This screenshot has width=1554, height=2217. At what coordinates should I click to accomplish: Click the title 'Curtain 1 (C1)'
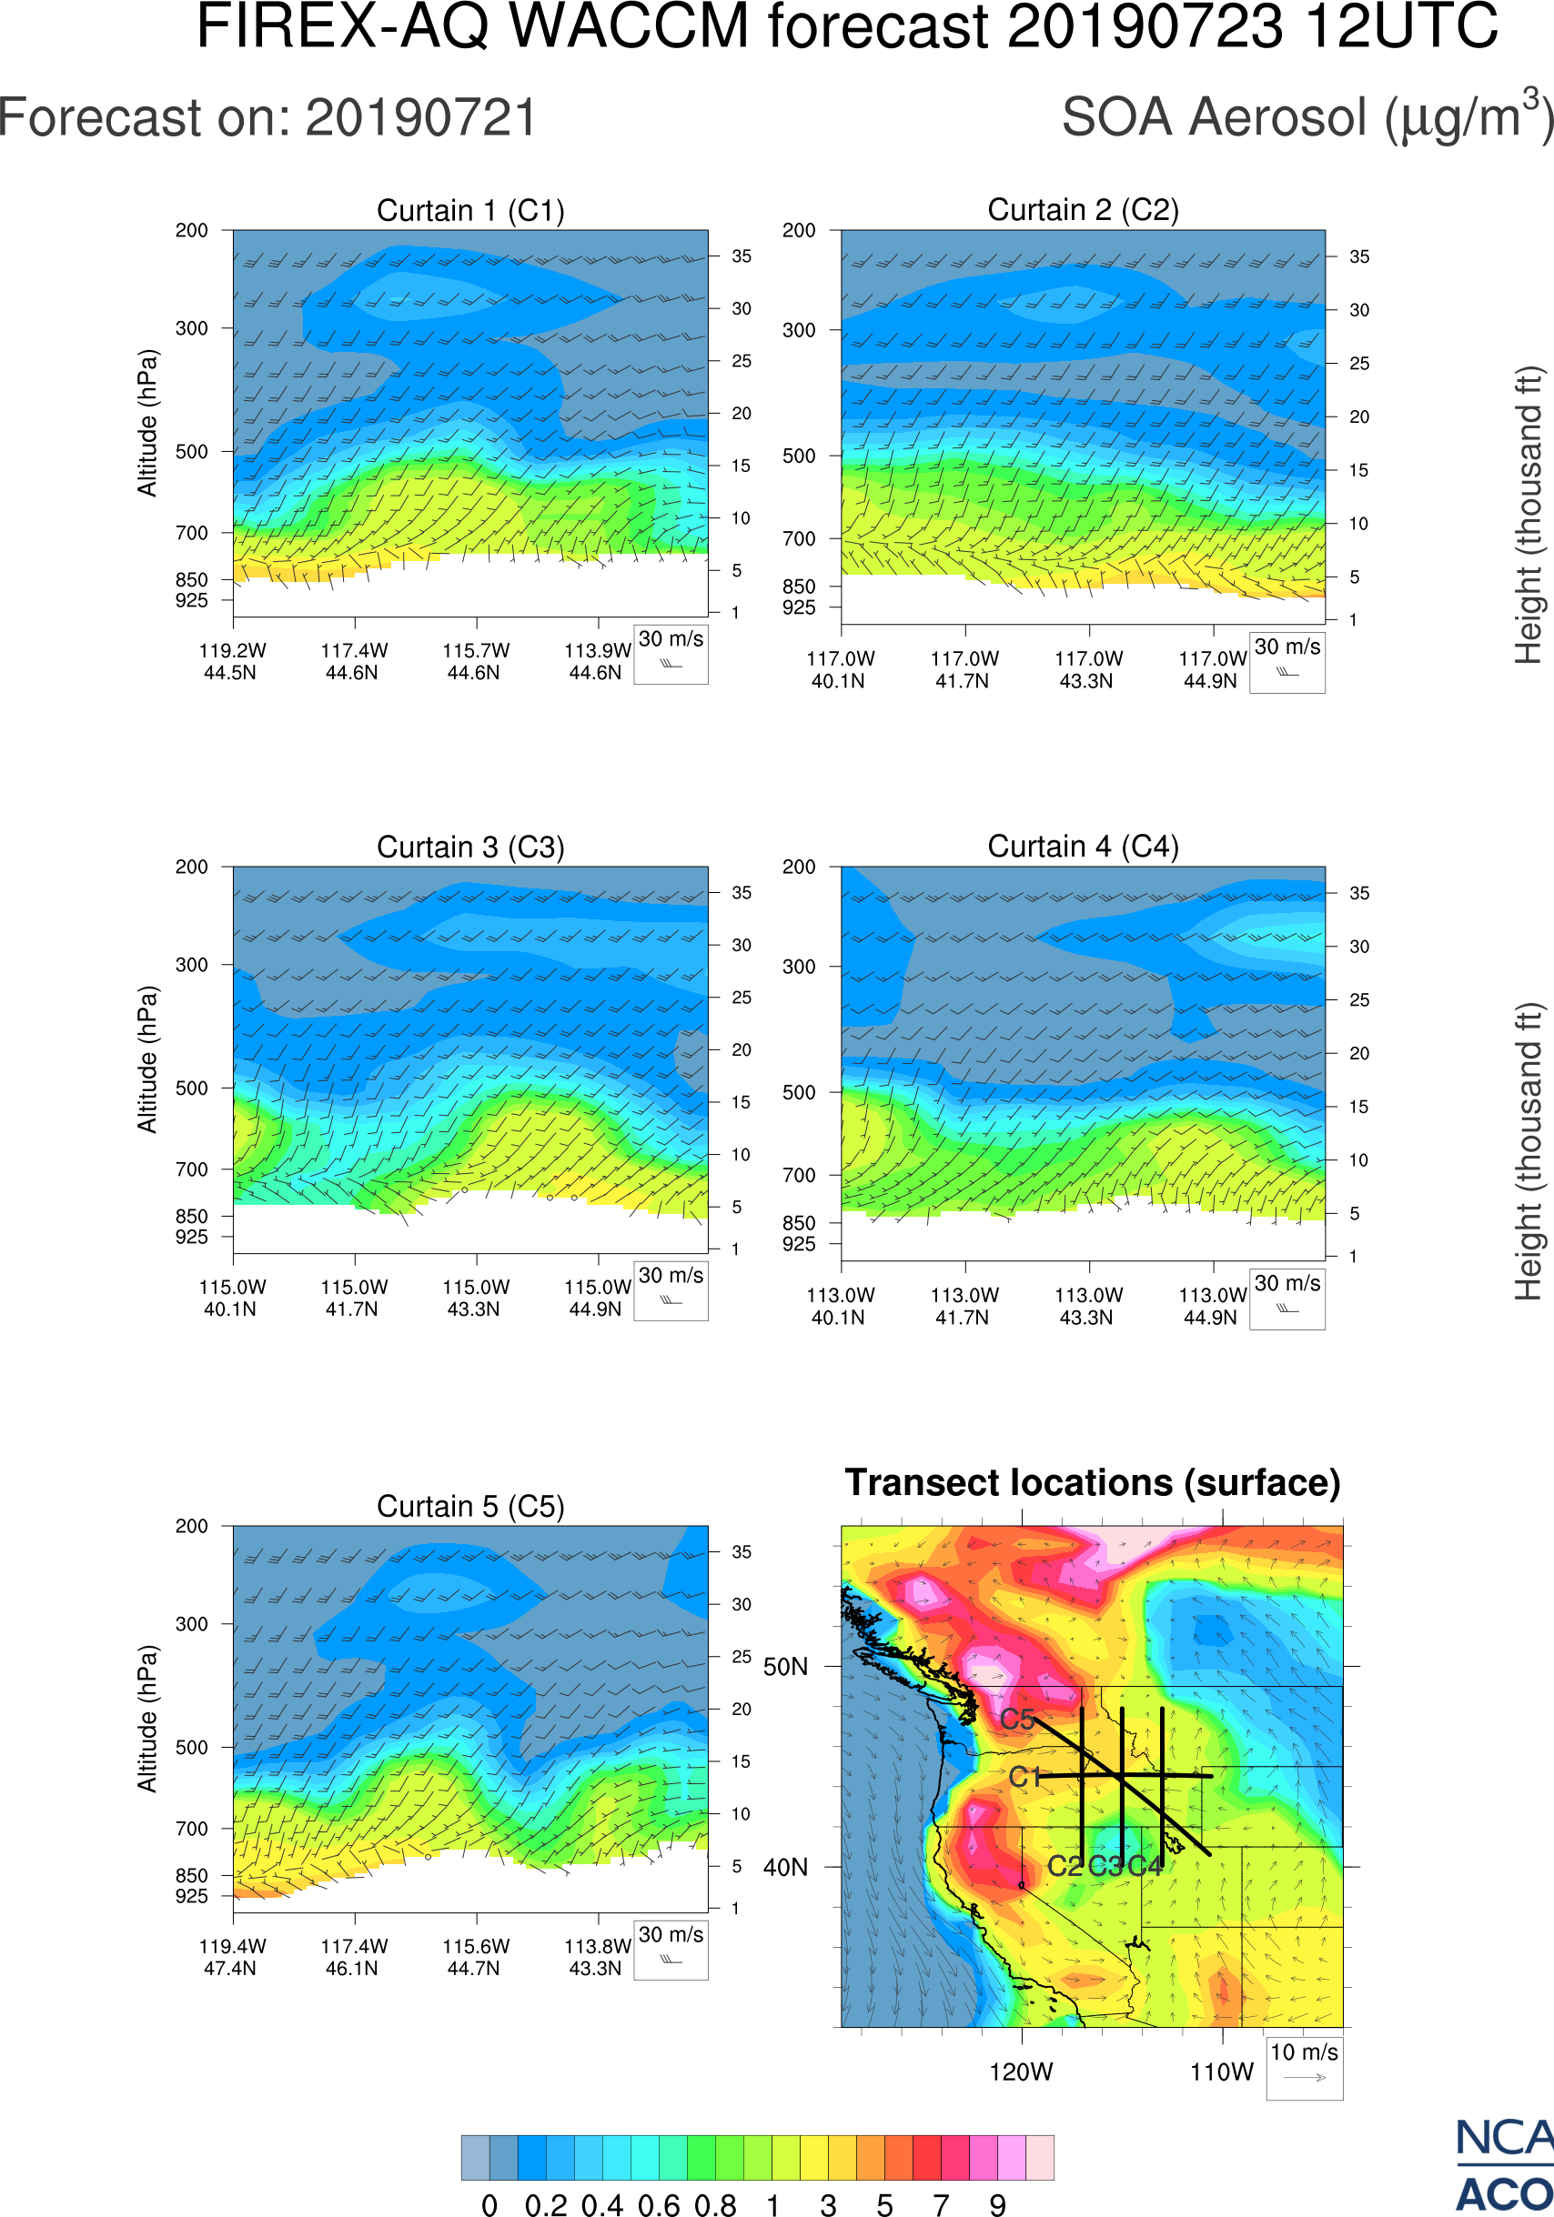470,210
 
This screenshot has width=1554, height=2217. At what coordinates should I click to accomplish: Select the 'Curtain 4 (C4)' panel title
1083,847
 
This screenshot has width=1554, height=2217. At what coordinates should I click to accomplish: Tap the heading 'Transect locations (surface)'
1093,1482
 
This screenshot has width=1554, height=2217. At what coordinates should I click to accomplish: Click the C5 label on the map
1017,1720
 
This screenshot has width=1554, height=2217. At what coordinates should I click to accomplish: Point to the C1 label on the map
1024,1777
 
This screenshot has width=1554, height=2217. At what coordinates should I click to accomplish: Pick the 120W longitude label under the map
1021,2072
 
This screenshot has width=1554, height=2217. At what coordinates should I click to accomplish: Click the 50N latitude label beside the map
785,1668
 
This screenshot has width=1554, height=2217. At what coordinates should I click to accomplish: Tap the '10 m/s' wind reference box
1304,2066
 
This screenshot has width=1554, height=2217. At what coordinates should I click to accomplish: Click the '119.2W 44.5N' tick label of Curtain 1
232,661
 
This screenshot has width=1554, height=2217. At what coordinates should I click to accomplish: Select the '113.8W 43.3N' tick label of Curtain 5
597,1957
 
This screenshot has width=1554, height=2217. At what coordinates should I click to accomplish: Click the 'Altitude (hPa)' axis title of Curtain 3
146,1059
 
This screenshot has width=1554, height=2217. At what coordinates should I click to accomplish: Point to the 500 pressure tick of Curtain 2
799,456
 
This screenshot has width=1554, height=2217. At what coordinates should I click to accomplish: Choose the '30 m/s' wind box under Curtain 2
1287,661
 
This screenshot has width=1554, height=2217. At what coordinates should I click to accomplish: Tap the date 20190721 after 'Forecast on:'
421,118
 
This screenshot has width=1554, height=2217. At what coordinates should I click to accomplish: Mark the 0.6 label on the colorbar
659,2203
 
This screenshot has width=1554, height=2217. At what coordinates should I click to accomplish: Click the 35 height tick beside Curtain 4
1359,893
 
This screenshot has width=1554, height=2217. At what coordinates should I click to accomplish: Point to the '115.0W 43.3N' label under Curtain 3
475,1298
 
